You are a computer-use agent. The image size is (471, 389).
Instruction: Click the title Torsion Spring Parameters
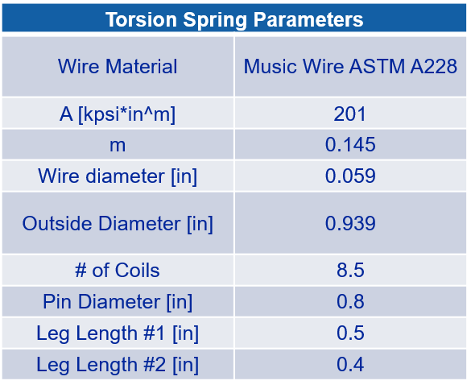click(234, 20)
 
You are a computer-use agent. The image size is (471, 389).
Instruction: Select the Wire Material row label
click(118, 66)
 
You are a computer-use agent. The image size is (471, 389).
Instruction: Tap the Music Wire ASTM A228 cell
click(350, 66)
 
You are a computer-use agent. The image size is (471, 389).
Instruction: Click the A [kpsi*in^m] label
click(118, 114)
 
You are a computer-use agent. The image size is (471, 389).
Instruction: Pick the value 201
click(350, 114)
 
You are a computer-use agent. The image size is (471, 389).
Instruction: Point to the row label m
click(118, 146)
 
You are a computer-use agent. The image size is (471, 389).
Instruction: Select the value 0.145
click(350, 144)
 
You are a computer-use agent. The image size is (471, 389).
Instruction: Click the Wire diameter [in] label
click(118, 176)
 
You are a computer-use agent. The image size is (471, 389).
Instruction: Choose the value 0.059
click(350, 176)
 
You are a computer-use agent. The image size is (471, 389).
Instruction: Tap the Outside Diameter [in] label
click(118, 224)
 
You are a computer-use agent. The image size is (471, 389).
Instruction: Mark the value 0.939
click(350, 223)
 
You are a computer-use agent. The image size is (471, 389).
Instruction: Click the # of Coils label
click(118, 270)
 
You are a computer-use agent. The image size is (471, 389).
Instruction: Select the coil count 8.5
click(350, 270)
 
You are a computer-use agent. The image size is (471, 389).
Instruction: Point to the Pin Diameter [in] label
click(118, 302)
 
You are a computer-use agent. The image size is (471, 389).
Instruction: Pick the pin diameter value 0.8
click(350, 301)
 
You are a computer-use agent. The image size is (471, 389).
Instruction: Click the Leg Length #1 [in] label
click(118, 333)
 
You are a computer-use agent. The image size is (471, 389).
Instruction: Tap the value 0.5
click(350, 333)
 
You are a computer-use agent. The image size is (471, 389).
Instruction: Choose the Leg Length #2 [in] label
click(118, 365)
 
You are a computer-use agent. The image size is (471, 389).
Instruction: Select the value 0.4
click(350, 364)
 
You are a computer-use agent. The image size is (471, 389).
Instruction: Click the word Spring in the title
click(215, 21)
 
